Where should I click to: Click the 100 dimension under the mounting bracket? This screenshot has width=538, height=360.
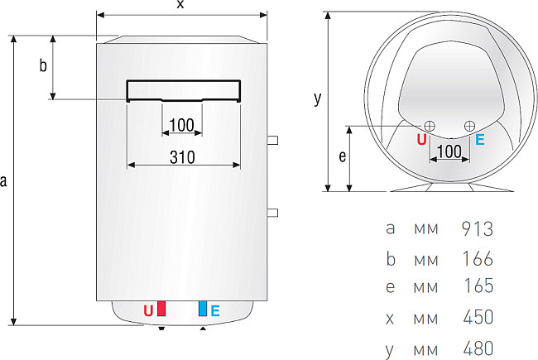tap(180, 125)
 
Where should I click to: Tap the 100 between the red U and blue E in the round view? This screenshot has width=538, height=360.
tap(449, 151)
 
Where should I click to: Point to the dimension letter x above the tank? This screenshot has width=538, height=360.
tap(180, 6)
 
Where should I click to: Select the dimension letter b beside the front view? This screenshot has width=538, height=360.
tap(43, 67)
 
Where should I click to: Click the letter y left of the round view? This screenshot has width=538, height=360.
tap(317, 98)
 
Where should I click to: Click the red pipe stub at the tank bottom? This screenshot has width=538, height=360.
tap(161, 309)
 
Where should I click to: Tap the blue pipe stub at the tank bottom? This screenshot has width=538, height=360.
tap(201, 309)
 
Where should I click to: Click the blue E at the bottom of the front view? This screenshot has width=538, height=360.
tap(215, 311)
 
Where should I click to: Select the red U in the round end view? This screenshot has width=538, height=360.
tap(421, 140)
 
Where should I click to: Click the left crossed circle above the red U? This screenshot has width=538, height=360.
tap(429, 125)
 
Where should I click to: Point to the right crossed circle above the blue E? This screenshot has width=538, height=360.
tap(469, 125)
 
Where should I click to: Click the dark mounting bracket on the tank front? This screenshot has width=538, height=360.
tap(184, 89)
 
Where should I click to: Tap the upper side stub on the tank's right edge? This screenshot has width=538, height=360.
tap(273, 140)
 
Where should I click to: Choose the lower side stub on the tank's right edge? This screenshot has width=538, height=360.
tap(273, 213)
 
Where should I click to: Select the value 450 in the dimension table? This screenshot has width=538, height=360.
tap(478, 317)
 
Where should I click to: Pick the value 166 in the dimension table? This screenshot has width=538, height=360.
tap(478, 258)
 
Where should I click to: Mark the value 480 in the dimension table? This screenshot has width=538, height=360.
tap(478, 348)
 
